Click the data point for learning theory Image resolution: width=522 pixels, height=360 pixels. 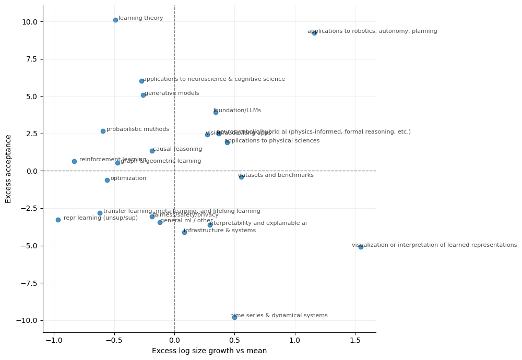115,20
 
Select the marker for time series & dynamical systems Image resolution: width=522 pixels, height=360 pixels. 234,317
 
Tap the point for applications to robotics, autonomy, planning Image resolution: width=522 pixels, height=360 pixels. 314,33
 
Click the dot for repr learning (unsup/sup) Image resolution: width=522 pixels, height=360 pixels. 58,220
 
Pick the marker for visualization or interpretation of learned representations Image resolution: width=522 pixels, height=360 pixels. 361,247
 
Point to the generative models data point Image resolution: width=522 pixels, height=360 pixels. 143,95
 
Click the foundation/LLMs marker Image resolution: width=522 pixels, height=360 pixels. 216,112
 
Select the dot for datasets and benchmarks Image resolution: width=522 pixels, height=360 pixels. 241,177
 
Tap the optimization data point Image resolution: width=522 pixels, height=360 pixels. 107,180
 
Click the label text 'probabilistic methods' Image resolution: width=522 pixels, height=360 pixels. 138,129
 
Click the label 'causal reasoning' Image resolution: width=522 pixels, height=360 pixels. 177,149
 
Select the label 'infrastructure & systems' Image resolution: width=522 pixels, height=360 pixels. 220,231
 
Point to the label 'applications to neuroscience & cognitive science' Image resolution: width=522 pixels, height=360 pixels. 214,79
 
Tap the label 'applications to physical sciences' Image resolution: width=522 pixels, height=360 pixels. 272,141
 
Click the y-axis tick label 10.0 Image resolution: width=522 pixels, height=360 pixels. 29,22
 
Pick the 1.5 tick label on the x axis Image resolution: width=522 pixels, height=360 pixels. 355,340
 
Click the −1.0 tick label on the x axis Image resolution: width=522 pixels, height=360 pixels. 53,340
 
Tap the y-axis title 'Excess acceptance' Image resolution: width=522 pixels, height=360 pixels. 8,169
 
